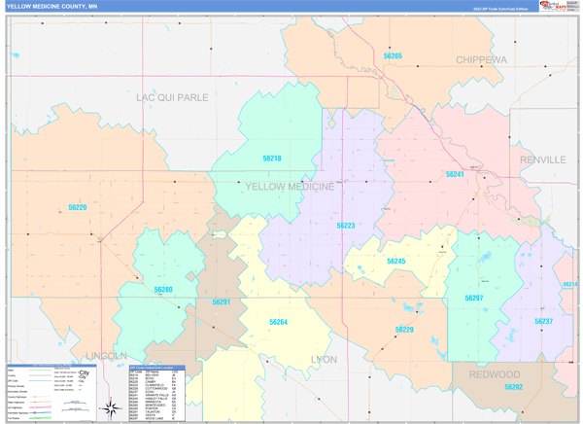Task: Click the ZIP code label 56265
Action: [393, 56]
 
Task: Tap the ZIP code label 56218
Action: [271, 158]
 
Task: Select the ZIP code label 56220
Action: [77, 207]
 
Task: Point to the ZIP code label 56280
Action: [162, 289]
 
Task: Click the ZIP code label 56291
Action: [222, 302]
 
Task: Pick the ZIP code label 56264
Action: [278, 322]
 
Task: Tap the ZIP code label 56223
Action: [346, 226]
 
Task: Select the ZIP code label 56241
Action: [455, 174]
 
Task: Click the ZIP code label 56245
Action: [395, 261]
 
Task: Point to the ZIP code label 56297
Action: [473, 298]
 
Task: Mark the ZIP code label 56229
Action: [404, 331]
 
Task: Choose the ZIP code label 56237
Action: [543, 321]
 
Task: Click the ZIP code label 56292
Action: [513, 387]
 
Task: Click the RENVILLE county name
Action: [542, 159]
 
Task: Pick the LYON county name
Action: [323, 359]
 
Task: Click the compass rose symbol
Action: [112, 406]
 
